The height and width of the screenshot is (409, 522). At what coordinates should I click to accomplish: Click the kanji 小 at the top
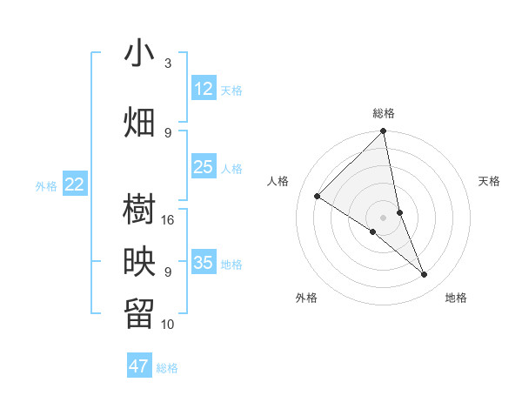[x=139, y=53]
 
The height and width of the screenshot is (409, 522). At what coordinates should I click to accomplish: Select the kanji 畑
[x=139, y=123]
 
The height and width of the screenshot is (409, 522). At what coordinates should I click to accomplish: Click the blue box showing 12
[x=204, y=89]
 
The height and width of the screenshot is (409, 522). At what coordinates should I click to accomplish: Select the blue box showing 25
[x=204, y=167]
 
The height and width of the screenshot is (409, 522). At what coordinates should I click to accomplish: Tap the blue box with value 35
[x=204, y=263]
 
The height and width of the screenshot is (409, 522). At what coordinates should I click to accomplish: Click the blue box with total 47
[x=139, y=366]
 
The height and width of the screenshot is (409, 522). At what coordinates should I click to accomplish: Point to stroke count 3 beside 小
[x=168, y=64]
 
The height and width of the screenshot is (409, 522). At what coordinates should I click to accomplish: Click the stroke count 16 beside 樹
[x=168, y=219]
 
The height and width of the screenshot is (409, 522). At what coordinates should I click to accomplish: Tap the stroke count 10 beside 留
[x=168, y=324]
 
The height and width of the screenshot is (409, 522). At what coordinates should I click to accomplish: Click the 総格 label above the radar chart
[x=384, y=113]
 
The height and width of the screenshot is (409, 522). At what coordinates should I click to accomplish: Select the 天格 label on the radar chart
[x=489, y=181]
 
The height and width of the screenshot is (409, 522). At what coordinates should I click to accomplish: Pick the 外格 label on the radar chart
[x=306, y=298]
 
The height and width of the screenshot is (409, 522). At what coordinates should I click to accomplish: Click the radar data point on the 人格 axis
[x=318, y=196]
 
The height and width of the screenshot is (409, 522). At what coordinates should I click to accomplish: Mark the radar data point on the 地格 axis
[x=425, y=274]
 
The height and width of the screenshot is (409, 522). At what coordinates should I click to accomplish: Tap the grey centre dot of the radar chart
[x=384, y=217]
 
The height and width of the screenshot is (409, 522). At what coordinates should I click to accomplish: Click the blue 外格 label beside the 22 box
[x=46, y=185]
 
